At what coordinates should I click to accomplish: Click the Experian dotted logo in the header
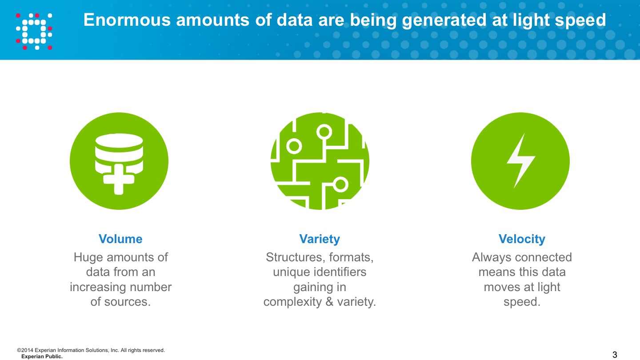(34, 32)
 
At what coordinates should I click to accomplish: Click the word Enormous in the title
(127, 20)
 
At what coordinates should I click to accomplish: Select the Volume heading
(120, 239)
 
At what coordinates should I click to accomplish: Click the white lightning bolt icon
(520, 160)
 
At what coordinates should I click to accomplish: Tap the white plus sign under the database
(119, 180)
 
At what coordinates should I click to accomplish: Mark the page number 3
(615, 355)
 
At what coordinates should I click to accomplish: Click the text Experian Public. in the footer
(42, 356)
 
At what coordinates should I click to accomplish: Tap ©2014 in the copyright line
(25, 350)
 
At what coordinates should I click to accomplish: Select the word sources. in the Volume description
(128, 302)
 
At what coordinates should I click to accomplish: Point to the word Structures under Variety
(296, 257)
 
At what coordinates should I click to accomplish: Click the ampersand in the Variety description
(329, 302)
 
